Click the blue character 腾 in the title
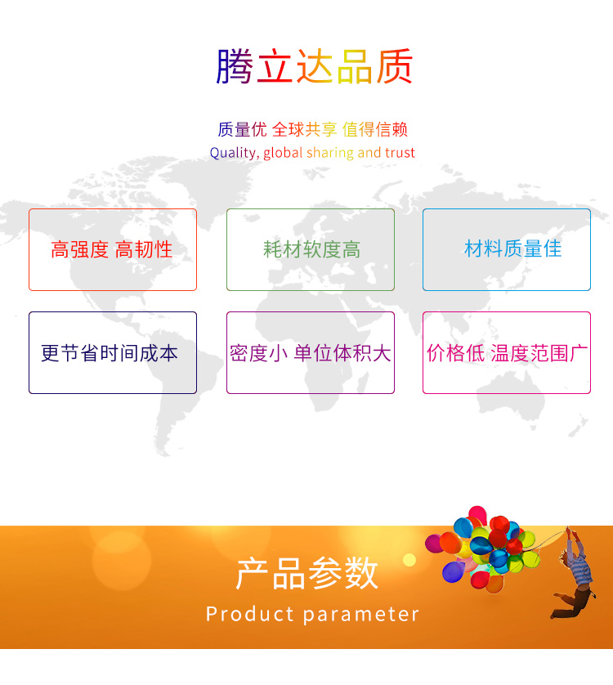pos(235,66)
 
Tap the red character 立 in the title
pos(275,66)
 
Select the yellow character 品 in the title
pos(355,66)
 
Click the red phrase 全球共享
pos(305,130)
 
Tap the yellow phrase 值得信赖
pos(375,130)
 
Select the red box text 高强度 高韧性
pos(111,249)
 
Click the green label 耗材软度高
pos(311,249)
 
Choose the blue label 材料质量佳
pos(512,249)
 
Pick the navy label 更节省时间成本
pos(110,353)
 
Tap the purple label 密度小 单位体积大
pos(311,353)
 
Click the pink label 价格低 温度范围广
pos(507,353)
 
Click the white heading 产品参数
pos(307,573)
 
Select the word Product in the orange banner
pos(249,614)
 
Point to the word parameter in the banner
pos(361,615)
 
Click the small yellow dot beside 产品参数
pos(409,560)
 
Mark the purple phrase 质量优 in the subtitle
pos(242,130)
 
